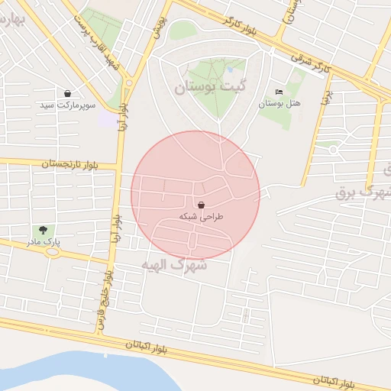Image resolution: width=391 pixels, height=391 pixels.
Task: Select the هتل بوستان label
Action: [280, 102]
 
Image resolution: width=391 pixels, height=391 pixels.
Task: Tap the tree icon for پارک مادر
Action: [42, 230]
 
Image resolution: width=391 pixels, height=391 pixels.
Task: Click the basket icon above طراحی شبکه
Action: [201, 205]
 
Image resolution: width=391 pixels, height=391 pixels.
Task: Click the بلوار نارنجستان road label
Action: [69, 163]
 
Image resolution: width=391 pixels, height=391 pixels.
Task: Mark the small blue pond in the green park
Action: [229, 69]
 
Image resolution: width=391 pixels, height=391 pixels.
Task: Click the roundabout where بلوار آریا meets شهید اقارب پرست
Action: [128, 82]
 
